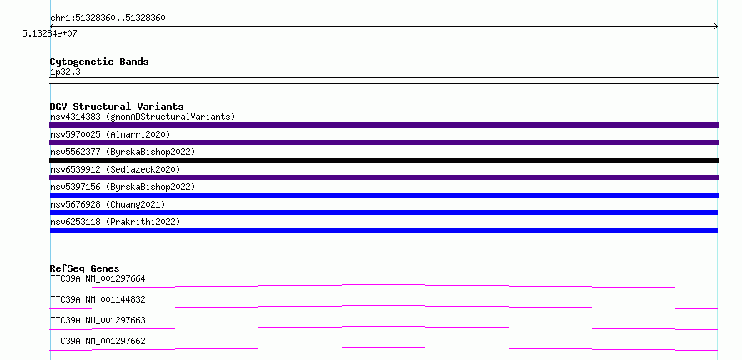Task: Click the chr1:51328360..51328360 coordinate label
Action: point(108,18)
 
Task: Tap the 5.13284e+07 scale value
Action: point(49,33)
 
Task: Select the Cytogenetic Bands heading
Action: point(99,62)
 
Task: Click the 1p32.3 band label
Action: point(65,72)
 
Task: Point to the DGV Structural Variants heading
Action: point(117,107)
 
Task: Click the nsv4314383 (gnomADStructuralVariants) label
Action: point(143,117)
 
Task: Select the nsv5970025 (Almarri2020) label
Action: point(110,134)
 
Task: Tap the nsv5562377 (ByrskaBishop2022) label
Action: point(123,152)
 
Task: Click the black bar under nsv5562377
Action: point(384,160)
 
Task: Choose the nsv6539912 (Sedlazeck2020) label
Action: point(115,169)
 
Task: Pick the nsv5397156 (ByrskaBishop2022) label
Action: point(123,187)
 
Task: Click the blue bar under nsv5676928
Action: point(384,212)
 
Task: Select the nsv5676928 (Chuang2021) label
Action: point(108,204)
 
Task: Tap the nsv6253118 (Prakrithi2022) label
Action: point(115,222)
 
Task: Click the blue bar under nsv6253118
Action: point(384,230)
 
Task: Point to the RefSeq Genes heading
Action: point(85,268)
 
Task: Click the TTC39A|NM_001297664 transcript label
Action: point(98,278)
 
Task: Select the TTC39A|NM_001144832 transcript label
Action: point(98,299)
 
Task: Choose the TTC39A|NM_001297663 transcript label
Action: point(98,320)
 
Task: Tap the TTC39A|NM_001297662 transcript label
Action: point(98,341)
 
